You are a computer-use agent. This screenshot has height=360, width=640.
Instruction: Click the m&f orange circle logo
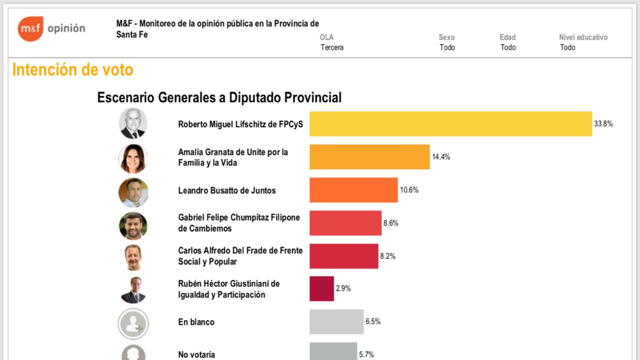coord(30,28)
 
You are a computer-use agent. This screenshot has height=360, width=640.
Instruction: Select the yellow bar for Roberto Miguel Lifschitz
coord(450,123)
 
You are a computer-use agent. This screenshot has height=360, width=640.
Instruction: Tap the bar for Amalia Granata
coord(369,157)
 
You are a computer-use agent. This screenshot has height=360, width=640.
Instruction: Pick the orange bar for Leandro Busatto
coord(353,190)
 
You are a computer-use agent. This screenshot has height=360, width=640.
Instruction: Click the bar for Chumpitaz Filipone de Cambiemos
coord(345,223)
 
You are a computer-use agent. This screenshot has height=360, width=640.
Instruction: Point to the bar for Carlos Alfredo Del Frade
coord(343,256)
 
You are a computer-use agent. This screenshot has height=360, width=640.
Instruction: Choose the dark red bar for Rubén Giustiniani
coord(321,288)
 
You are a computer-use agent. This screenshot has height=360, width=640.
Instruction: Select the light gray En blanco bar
coord(336,321)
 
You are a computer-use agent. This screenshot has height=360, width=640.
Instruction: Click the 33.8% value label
coord(603,124)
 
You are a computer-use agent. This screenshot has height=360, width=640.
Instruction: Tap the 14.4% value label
coord(441,157)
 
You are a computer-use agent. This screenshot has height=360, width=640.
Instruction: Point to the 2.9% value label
coord(343,288)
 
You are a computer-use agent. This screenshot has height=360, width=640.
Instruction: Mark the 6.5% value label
coord(373,321)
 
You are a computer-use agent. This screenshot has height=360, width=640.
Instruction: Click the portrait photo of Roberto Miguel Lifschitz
coord(133,123)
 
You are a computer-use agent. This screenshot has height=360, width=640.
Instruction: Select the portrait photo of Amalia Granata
coord(133,158)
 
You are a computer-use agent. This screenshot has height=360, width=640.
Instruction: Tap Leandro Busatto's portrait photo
coord(133,192)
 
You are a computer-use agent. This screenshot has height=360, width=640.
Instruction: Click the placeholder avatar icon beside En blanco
coord(133,324)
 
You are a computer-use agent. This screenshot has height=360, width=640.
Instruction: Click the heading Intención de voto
coord(72,70)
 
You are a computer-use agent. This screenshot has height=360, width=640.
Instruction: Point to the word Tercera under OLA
coord(332,47)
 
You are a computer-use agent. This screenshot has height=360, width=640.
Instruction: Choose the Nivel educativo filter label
coord(583,37)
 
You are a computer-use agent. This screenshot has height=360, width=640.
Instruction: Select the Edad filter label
coord(507,37)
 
